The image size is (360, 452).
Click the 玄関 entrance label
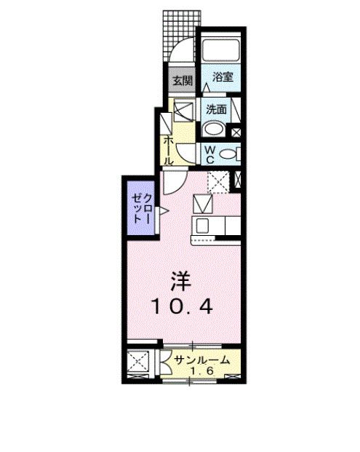point(183,80)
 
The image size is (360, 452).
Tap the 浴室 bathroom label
point(223,76)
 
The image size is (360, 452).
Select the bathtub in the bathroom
point(220,50)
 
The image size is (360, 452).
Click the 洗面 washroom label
point(216,109)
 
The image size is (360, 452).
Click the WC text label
point(210,154)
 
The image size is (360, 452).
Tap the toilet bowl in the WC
point(228,154)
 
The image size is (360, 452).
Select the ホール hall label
point(169,151)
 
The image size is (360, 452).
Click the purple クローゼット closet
point(141,207)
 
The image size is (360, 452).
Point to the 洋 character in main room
point(180,282)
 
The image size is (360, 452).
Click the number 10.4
point(181,306)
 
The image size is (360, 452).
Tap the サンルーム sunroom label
point(203,360)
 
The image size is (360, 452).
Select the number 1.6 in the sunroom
point(201,371)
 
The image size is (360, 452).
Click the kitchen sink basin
point(202,226)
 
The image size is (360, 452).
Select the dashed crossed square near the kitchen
point(218,182)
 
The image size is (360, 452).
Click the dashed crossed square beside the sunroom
point(138,362)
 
